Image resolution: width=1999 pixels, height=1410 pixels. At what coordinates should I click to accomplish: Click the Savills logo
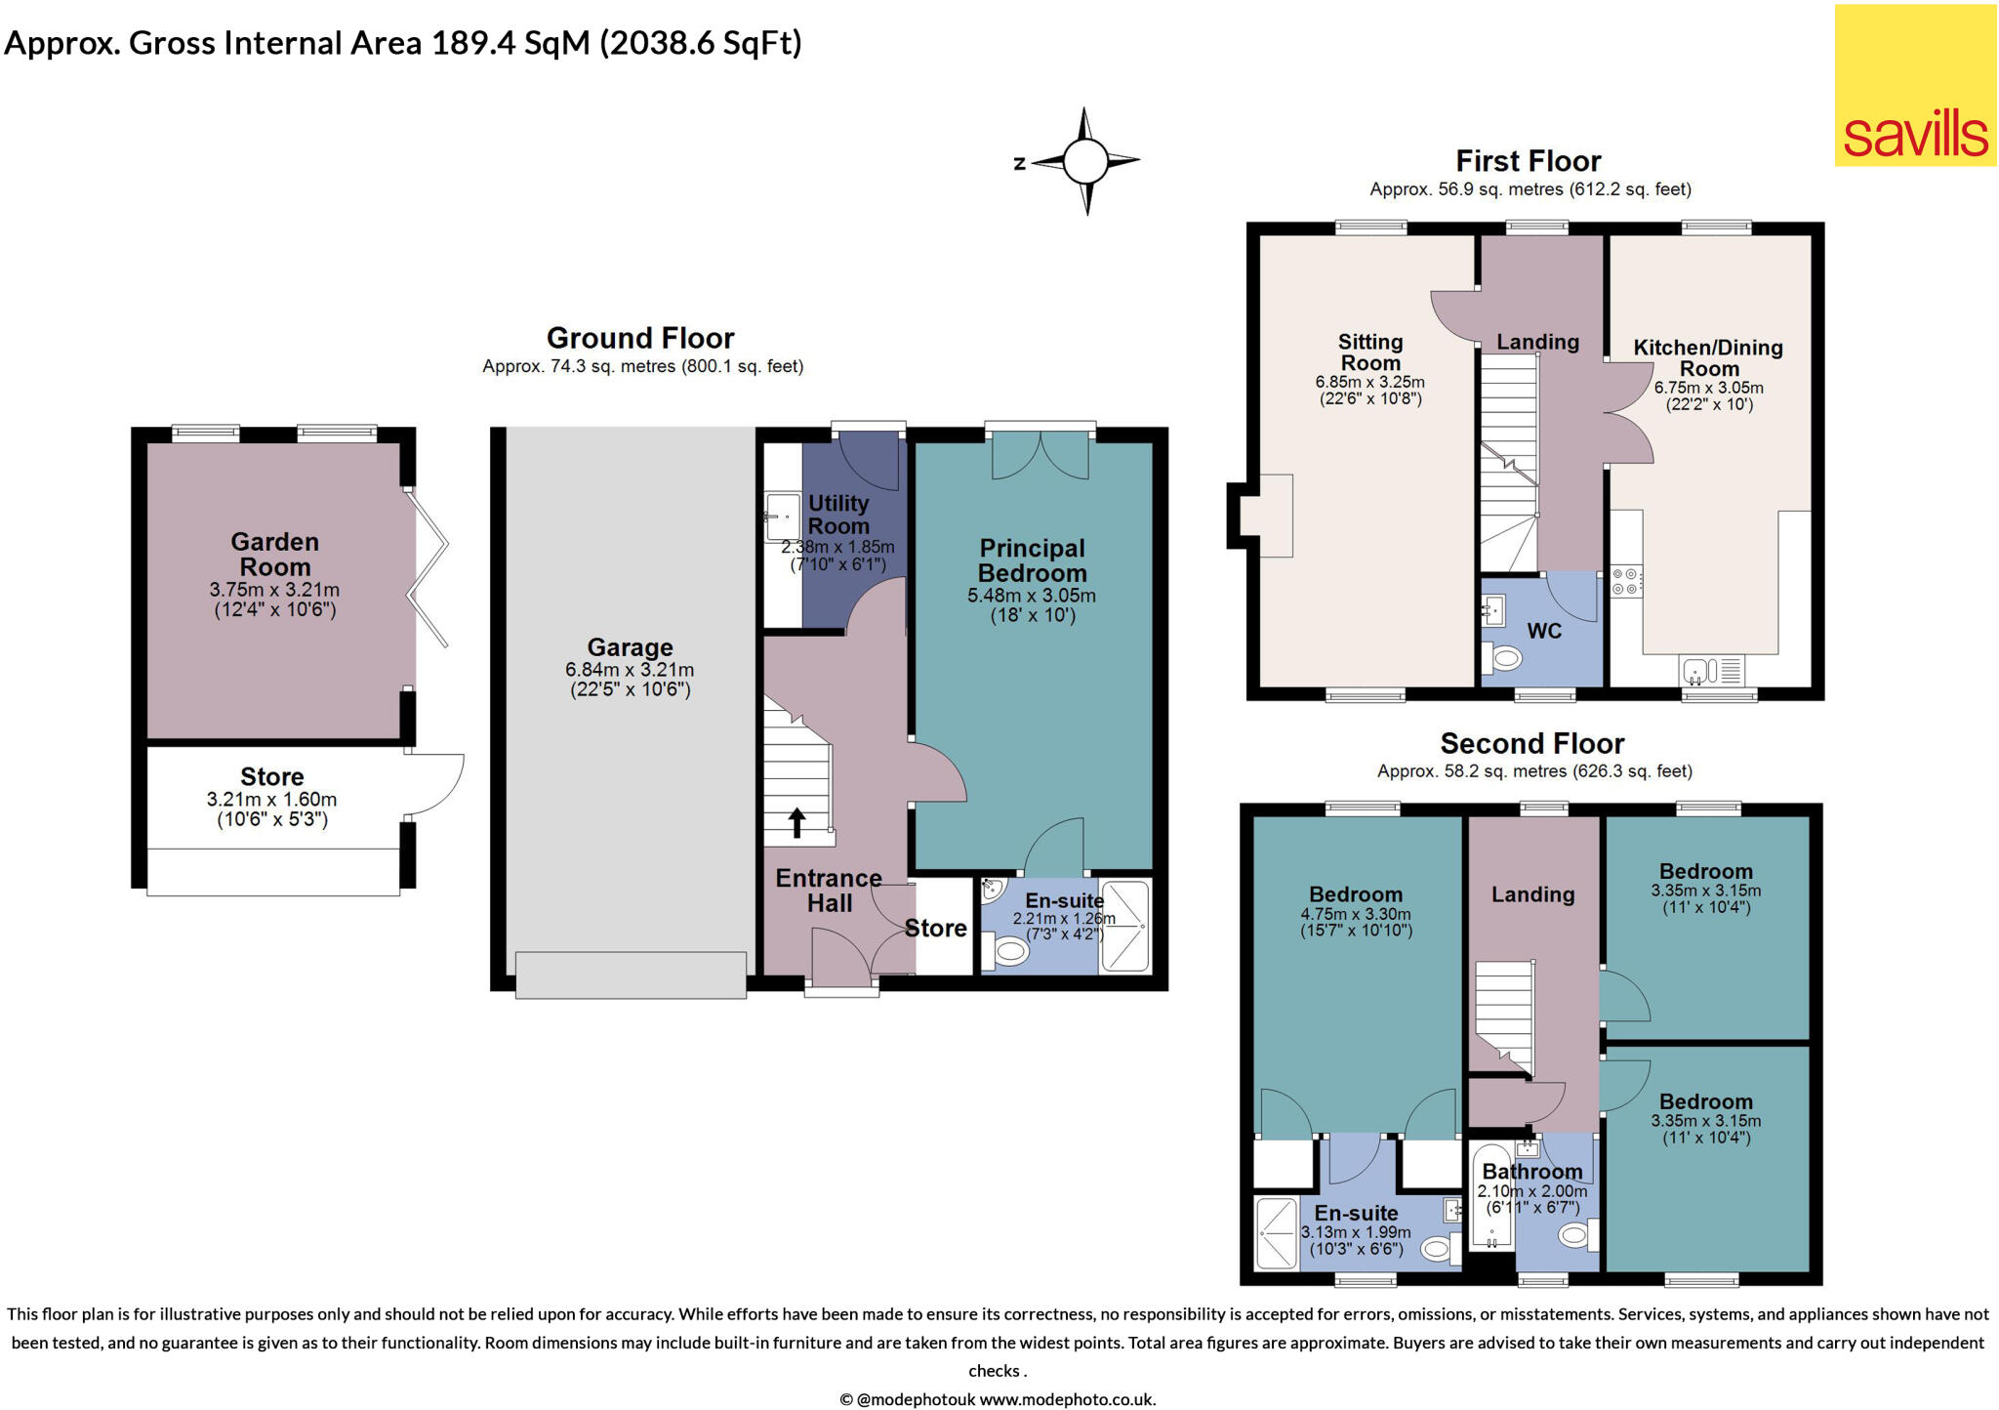[1915, 85]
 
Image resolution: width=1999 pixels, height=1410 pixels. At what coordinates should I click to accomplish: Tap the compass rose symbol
[1084, 161]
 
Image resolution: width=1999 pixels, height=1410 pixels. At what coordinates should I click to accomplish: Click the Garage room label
[630, 647]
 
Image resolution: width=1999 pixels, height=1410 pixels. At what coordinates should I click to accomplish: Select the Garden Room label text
[274, 555]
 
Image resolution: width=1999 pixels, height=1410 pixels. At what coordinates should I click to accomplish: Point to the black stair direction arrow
[796, 822]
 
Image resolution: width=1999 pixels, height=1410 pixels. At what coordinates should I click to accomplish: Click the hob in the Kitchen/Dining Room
[1625, 582]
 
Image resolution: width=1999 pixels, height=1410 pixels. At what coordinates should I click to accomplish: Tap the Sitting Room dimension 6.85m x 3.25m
[1369, 382]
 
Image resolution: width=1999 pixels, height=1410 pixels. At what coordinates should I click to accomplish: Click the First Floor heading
[1528, 161]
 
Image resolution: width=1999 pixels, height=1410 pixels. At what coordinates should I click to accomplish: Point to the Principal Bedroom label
[1032, 560]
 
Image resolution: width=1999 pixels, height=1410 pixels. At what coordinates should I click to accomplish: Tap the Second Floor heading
[1531, 743]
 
